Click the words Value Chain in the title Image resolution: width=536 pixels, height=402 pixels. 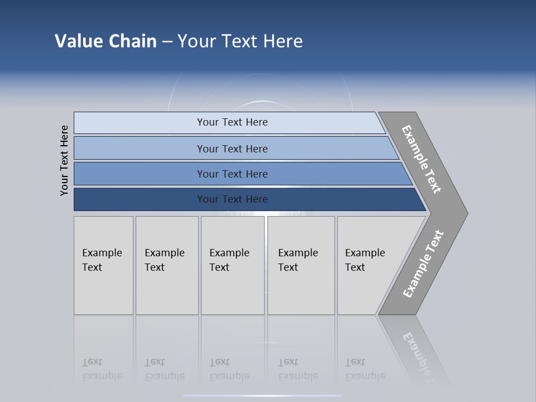point(106,41)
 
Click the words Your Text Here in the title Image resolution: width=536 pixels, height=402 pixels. point(240,41)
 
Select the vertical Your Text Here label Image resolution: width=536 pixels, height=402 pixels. point(64,160)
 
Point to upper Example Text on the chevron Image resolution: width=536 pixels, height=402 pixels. point(422,159)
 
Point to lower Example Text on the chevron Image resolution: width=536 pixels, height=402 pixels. point(423,264)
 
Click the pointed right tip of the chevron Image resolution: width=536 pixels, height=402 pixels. point(465,213)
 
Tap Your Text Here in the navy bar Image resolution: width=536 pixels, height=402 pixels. point(232,199)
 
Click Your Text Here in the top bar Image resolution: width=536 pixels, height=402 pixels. point(232,122)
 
